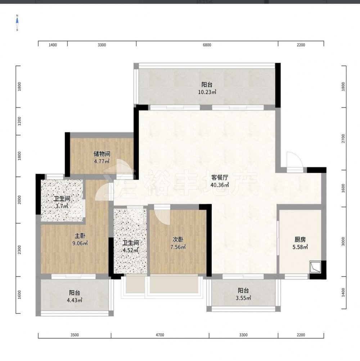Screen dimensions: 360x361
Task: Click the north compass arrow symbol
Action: click(17, 23)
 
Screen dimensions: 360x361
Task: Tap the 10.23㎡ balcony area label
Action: click(207, 92)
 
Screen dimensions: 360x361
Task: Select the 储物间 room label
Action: click(102, 154)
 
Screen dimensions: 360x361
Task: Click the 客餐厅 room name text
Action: click(220, 177)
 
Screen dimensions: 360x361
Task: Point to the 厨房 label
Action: click(300, 240)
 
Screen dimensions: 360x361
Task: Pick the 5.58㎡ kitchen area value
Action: click(300, 247)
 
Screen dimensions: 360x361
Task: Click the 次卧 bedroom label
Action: click(178, 239)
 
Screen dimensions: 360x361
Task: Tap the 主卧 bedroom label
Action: click(80, 236)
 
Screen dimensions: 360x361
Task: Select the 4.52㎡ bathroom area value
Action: click(130, 250)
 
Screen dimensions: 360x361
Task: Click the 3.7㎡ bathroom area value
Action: click(62, 206)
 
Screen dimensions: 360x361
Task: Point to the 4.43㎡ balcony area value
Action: click(75, 300)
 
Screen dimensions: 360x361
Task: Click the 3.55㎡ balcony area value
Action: click(243, 298)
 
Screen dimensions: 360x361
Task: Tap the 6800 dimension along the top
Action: click(207, 45)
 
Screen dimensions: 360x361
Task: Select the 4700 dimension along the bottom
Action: click(160, 335)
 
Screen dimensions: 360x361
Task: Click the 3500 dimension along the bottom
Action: click(75, 335)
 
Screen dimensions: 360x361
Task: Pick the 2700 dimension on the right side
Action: click(343, 138)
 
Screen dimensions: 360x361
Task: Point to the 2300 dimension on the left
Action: click(19, 250)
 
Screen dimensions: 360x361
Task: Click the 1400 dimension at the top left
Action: click(53, 45)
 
